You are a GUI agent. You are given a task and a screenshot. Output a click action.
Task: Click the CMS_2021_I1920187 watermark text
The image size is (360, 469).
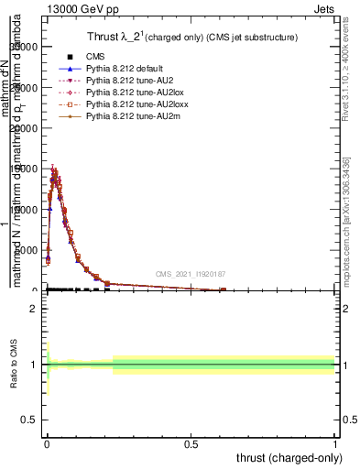[191, 274]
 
